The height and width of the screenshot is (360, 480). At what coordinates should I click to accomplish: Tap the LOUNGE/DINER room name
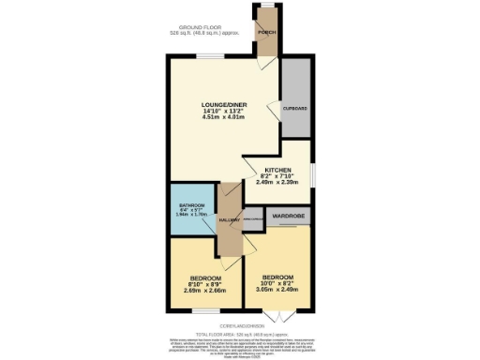click(223, 104)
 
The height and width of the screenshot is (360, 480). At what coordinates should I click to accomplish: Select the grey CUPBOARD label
click(295, 110)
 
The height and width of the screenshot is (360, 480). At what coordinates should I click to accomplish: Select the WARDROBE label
click(289, 217)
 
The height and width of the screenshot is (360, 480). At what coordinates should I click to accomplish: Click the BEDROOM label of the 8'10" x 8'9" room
click(205, 278)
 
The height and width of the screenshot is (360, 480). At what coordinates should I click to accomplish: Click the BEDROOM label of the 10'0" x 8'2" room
click(279, 277)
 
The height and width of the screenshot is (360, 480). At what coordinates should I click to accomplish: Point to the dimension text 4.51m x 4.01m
click(223, 118)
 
